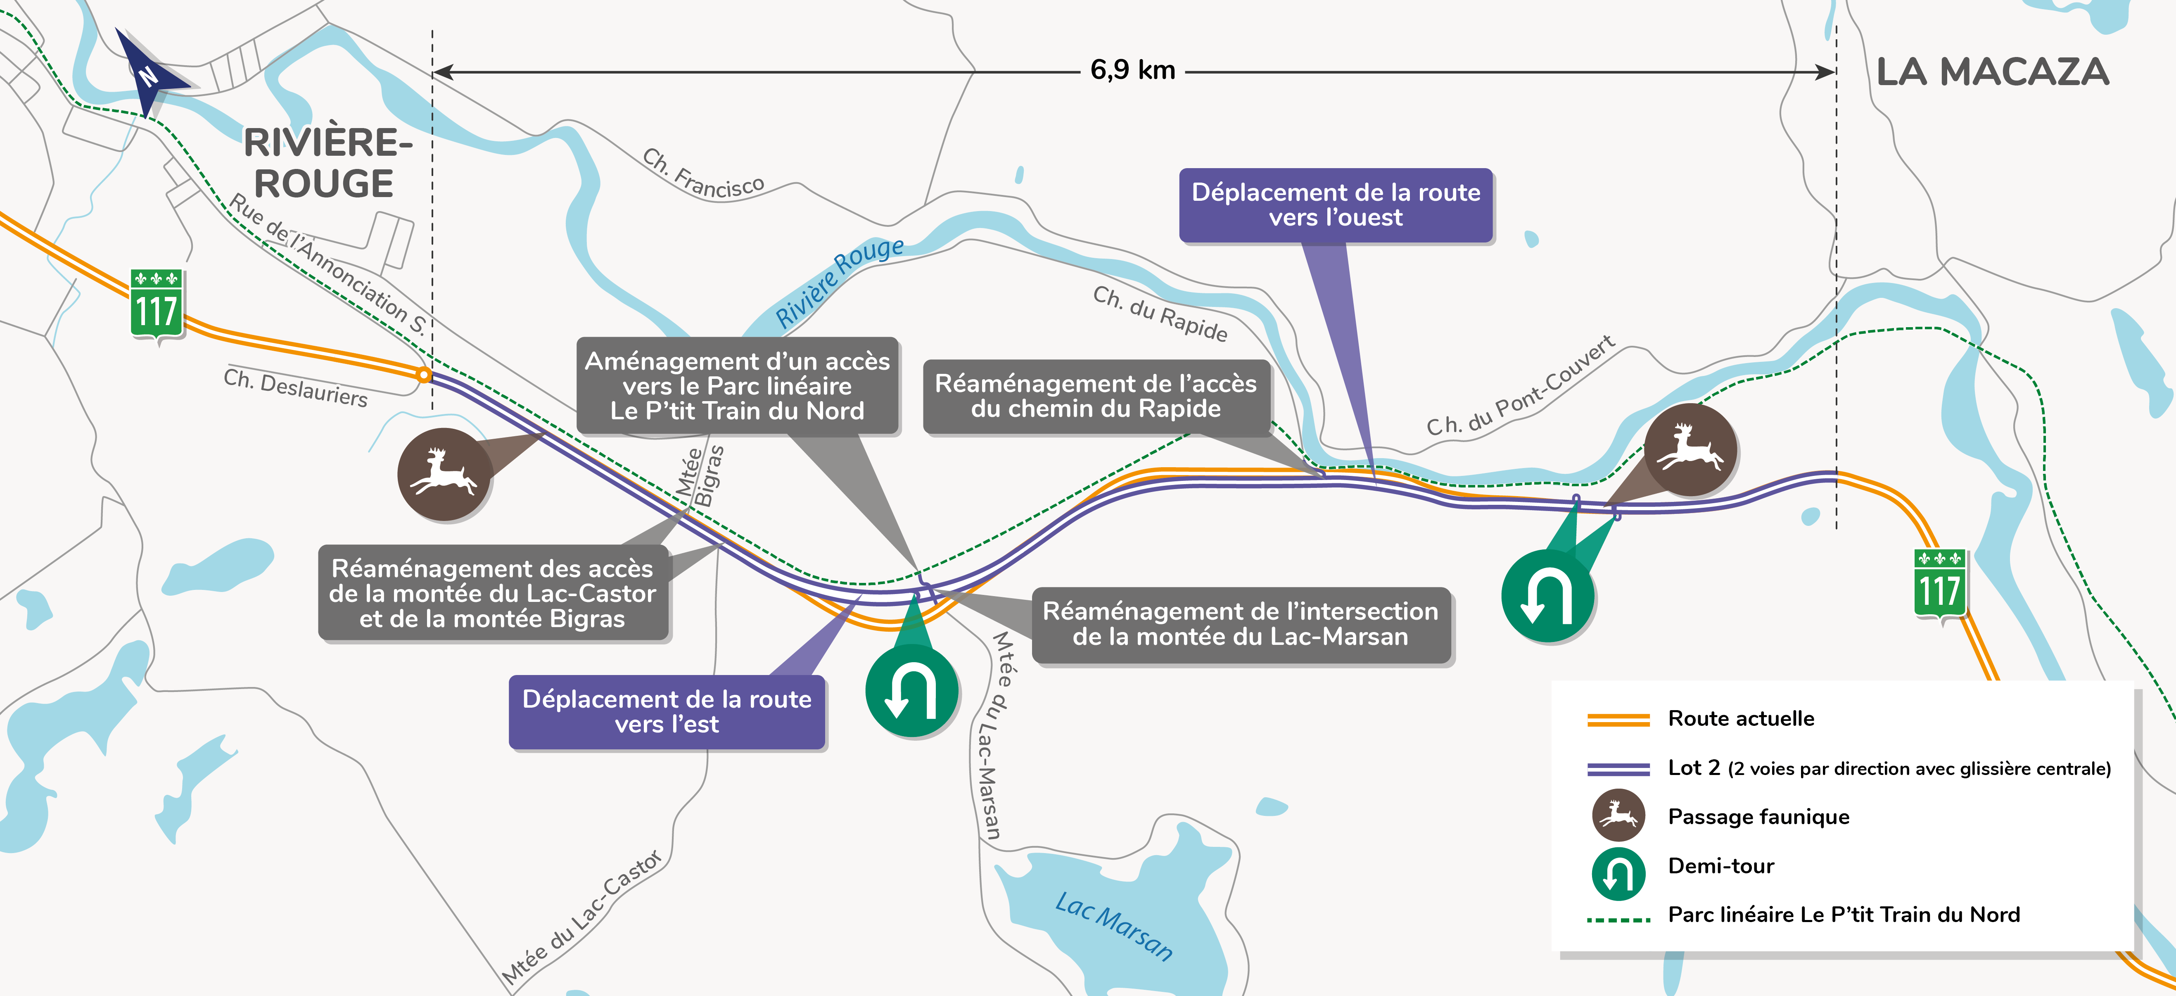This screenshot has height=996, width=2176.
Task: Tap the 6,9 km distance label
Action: (1132, 70)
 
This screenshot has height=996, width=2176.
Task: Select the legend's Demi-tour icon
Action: (1618, 873)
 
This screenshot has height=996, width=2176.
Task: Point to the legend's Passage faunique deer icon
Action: (1618, 815)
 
